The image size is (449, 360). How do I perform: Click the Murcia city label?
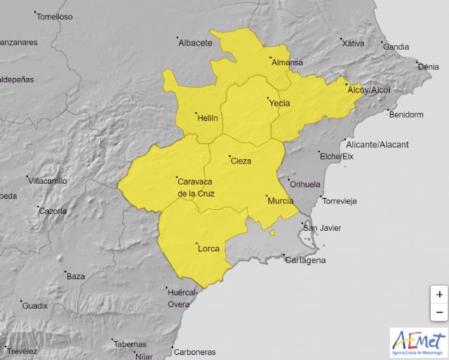[281, 201]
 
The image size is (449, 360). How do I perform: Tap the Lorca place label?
[208, 248]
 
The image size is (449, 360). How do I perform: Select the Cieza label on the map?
[241, 161]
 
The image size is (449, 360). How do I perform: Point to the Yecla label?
[279, 103]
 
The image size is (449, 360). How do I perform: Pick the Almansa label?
[287, 62]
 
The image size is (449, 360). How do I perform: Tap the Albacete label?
[195, 43]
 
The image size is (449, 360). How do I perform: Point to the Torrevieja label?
[339, 201]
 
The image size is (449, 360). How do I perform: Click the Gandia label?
[396, 47]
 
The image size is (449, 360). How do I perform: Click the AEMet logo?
[417, 342]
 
